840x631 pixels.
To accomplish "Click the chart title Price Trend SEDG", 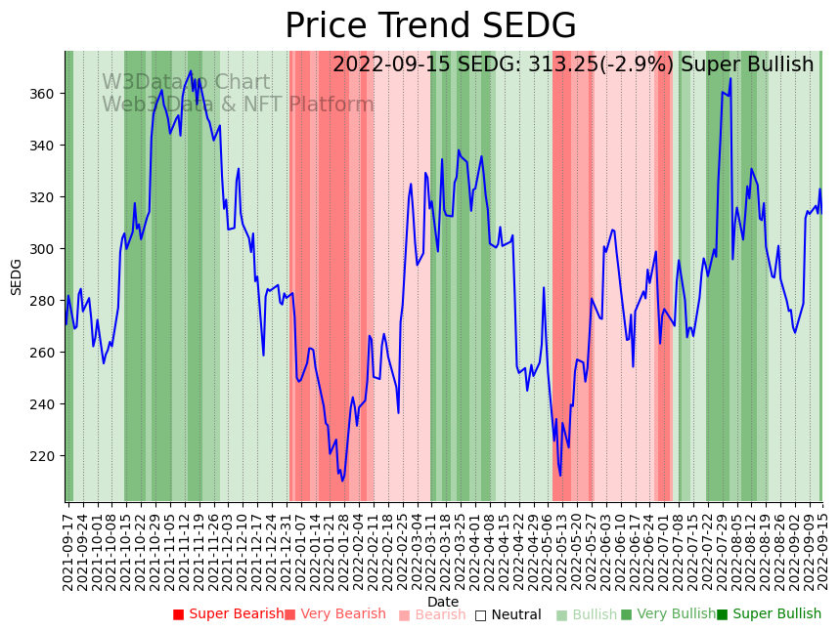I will (430, 26).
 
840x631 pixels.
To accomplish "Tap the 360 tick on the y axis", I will (45, 94).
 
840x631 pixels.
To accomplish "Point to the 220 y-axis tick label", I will (45, 456).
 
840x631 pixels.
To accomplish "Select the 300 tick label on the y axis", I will (45, 249).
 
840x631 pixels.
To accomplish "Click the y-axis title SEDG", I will (16, 276).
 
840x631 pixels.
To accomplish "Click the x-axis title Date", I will (443, 602).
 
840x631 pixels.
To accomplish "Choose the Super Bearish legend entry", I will (228, 614).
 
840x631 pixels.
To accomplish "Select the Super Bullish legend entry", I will (769, 614).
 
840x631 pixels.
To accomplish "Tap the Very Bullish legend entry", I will (668, 614).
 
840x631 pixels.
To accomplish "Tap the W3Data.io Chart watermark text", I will (186, 83).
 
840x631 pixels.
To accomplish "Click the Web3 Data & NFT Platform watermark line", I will (238, 105).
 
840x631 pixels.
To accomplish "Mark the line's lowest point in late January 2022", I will (342, 481).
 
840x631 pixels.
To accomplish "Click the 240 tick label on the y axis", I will (45, 404).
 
